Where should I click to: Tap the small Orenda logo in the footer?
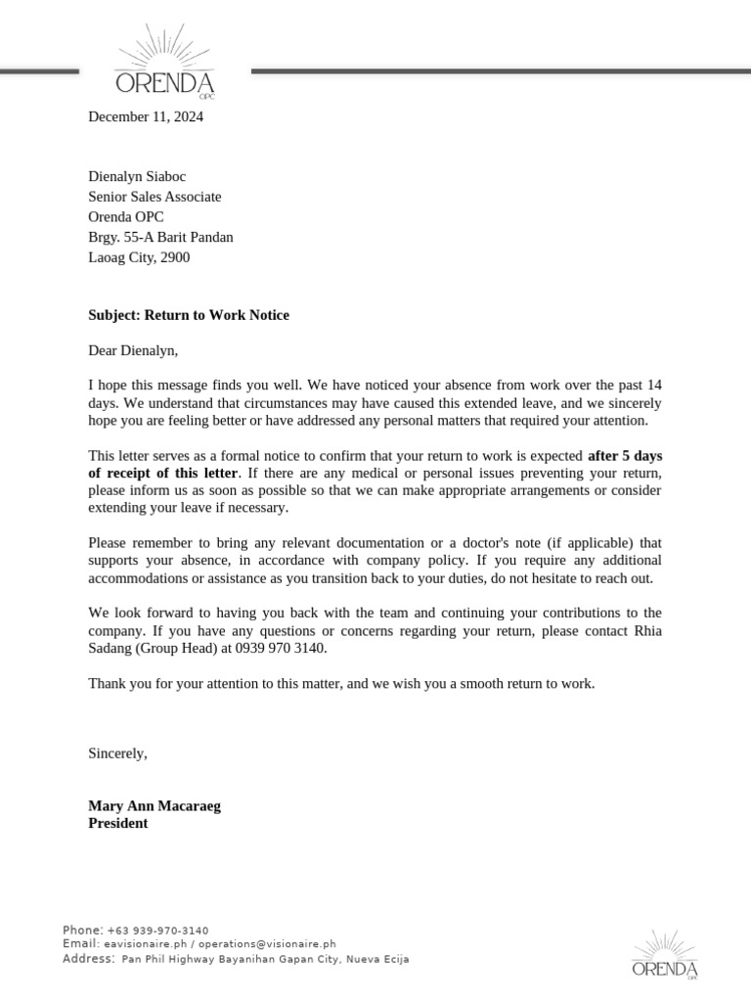click(x=665, y=955)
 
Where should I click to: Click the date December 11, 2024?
click(x=146, y=116)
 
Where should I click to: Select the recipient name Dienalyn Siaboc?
click(x=137, y=176)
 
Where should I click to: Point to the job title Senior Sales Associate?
click(x=155, y=197)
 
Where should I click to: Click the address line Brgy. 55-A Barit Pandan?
click(x=160, y=237)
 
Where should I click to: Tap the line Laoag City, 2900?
click(x=139, y=257)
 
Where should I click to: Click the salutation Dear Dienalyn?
click(x=133, y=349)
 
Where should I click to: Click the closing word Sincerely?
click(x=117, y=752)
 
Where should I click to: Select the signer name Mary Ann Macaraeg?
click(x=155, y=805)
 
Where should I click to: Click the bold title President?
click(x=118, y=823)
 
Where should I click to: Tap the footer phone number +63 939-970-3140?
click(x=157, y=930)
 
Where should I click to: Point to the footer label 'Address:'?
click(x=89, y=959)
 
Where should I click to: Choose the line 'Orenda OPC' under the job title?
click(x=126, y=216)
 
